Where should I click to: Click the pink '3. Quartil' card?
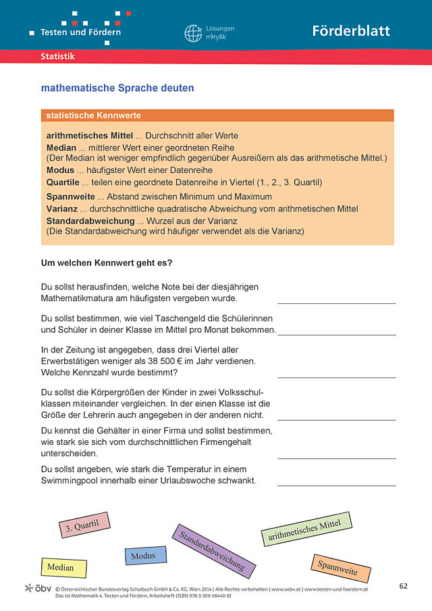pos(84,525)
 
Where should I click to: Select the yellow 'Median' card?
pos(63,567)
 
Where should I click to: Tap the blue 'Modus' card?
pos(145,556)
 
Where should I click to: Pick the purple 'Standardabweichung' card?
pos(213,552)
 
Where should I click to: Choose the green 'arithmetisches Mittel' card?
pos(306,528)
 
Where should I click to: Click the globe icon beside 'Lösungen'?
pos(193,33)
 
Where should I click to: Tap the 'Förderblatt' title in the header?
pos(351,31)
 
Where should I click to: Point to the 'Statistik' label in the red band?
pos(57,57)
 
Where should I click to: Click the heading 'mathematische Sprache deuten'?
pos(117,88)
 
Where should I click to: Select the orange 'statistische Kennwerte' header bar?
pos(217,116)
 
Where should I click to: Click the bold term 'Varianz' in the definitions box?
pos(62,209)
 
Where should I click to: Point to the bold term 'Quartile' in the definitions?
pos(63,182)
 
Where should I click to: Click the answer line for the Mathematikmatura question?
pos(336,302)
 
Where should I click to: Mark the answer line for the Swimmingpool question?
pos(336,485)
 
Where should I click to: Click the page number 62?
pos(403,585)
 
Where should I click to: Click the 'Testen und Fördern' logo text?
pos(80,32)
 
